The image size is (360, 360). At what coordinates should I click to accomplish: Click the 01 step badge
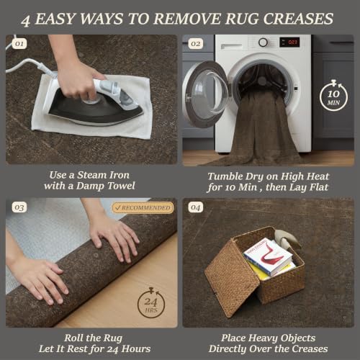tap(19, 44)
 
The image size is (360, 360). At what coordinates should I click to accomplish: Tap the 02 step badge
tap(196, 44)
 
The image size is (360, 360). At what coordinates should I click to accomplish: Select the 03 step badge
tap(19, 207)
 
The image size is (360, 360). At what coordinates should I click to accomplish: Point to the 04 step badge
tap(196, 207)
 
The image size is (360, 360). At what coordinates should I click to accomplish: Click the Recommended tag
tap(143, 208)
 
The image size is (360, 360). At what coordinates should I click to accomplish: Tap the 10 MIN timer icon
tap(333, 96)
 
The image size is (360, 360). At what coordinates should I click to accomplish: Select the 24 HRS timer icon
tap(151, 303)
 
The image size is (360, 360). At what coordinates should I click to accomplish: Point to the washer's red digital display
tap(290, 42)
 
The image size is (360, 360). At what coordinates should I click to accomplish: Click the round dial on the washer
tap(263, 42)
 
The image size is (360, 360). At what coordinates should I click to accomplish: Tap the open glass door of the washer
tap(207, 94)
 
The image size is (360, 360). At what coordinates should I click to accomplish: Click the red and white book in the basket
tap(269, 257)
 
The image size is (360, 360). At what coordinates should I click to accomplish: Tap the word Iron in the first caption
tap(120, 175)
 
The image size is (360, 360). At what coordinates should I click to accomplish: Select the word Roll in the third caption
tap(72, 338)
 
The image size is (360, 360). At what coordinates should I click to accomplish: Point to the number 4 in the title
tap(26, 20)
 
